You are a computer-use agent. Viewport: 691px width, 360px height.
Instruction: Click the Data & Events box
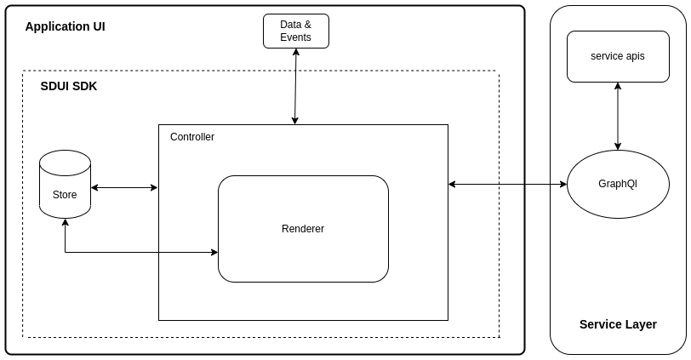[x=295, y=31]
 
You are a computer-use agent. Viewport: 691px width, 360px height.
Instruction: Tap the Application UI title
[x=65, y=26]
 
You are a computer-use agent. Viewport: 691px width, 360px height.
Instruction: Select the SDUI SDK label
[x=69, y=86]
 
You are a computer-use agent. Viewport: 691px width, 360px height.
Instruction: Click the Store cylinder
[x=65, y=185]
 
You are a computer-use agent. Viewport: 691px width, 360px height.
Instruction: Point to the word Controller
[x=192, y=137]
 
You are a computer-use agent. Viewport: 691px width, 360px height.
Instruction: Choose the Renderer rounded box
[x=303, y=228]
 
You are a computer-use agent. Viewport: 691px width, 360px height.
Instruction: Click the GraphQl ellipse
[x=618, y=184]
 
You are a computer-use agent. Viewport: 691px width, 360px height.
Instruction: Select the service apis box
[x=618, y=56]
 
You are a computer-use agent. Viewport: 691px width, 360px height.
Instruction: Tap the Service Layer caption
[x=618, y=324]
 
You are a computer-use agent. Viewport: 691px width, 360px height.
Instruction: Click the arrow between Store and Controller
[x=124, y=187]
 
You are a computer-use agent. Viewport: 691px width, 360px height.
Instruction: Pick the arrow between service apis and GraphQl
[x=618, y=116]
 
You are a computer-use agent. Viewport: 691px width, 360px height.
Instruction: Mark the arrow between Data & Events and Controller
[x=295, y=86]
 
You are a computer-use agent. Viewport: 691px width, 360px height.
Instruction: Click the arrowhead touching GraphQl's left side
[x=563, y=184]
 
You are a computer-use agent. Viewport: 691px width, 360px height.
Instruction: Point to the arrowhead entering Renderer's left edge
[x=214, y=252]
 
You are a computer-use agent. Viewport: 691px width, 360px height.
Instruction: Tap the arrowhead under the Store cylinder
[x=65, y=223]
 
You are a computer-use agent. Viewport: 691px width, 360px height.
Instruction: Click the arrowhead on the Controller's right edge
[x=453, y=184]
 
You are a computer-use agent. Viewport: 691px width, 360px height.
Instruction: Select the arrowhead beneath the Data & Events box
[x=296, y=53]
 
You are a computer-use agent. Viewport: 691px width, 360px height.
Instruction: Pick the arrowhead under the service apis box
[x=618, y=86]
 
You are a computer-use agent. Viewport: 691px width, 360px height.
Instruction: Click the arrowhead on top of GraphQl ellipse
[x=618, y=146]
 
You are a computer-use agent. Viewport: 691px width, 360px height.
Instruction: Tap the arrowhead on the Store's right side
[x=95, y=187]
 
